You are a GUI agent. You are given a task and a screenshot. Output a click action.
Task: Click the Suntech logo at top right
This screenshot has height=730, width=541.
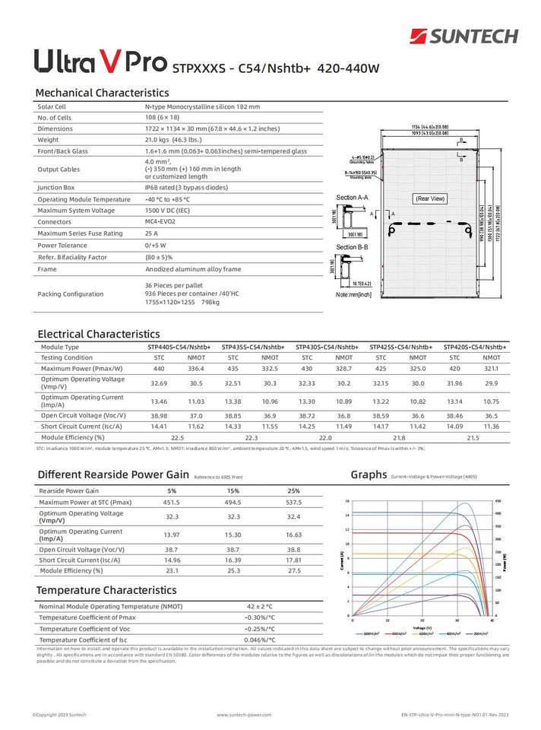click(x=463, y=36)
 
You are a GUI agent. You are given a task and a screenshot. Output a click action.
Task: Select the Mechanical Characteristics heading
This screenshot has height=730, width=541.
click(x=102, y=93)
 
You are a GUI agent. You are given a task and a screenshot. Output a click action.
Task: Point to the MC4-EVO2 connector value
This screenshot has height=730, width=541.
click(x=160, y=221)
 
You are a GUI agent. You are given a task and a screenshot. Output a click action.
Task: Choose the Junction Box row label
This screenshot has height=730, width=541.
click(x=57, y=187)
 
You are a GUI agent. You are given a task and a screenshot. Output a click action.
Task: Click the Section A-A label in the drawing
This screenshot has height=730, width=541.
click(x=352, y=198)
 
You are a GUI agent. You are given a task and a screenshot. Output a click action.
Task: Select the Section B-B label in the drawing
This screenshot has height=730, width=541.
click(x=352, y=247)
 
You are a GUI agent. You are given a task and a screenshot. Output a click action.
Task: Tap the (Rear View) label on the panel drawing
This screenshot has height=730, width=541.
click(x=430, y=198)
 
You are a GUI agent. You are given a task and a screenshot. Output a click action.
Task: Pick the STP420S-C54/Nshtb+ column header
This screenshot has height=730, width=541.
click(x=474, y=347)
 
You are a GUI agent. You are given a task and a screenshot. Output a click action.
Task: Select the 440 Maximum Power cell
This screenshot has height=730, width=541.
click(x=159, y=368)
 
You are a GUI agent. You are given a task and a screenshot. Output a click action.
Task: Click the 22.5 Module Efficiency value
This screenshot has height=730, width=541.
click(x=178, y=438)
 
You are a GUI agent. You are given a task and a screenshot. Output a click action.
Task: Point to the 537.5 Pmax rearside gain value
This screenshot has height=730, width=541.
click(x=293, y=503)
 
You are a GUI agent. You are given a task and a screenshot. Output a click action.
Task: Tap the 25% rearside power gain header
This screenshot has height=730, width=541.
click(x=293, y=491)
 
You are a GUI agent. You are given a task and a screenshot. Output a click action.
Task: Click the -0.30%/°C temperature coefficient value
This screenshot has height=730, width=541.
click(x=260, y=617)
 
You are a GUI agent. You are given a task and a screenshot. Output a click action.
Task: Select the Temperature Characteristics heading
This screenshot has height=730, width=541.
click(x=106, y=590)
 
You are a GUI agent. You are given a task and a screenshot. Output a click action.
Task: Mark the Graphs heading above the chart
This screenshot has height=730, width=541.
click(x=369, y=475)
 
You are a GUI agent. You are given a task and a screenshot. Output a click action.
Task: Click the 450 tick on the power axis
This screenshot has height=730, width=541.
click(x=498, y=501)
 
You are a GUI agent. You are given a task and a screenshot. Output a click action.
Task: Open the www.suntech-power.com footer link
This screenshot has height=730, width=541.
click(x=244, y=715)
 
